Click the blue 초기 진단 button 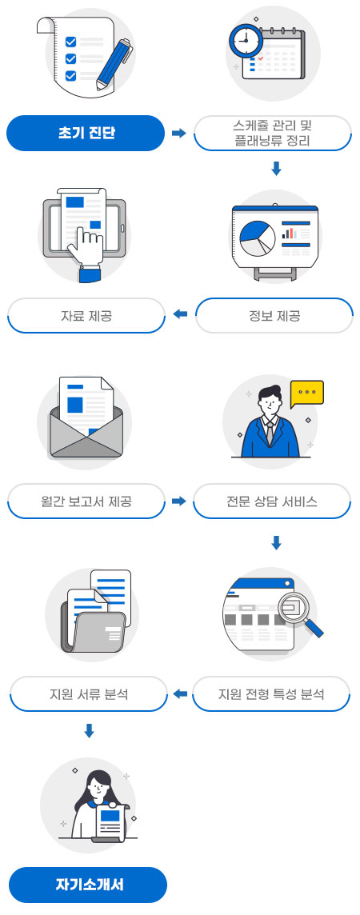[x=86, y=133]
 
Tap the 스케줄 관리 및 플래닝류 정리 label [x=273, y=133]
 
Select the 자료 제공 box [x=86, y=316]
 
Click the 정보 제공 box [x=274, y=316]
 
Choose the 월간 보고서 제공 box [x=86, y=501]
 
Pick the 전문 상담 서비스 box [x=272, y=501]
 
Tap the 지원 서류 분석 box [x=89, y=693]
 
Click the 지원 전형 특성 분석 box [x=270, y=693]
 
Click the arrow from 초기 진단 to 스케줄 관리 [x=179, y=134]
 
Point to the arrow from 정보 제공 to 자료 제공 [x=180, y=315]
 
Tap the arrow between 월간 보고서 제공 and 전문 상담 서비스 [x=179, y=501]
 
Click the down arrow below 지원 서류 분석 [x=89, y=730]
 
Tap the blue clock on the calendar [x=245, y=39]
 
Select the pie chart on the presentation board [x=257, y=238]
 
